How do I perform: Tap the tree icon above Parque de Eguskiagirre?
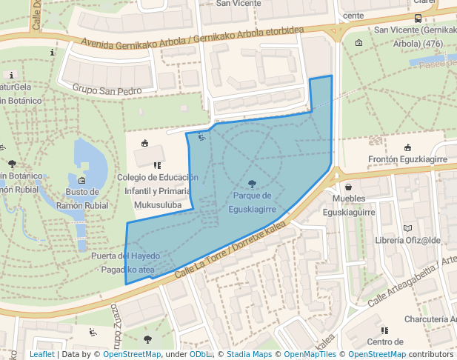tap(252, 183)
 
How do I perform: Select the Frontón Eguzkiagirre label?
tap(407, 159)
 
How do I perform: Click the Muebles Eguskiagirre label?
tap(354, 205)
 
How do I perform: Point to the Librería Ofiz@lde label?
tap(407, 240)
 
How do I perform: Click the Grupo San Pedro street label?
tap(107, 90)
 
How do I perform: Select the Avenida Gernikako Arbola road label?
tap(193, 44)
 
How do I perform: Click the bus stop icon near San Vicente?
tap(418, 19)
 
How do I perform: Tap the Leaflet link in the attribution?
tap(41, 354)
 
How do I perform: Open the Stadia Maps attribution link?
tap(248, 354)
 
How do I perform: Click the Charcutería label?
tap(430, 319)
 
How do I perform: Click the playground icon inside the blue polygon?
tap(200, 136)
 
